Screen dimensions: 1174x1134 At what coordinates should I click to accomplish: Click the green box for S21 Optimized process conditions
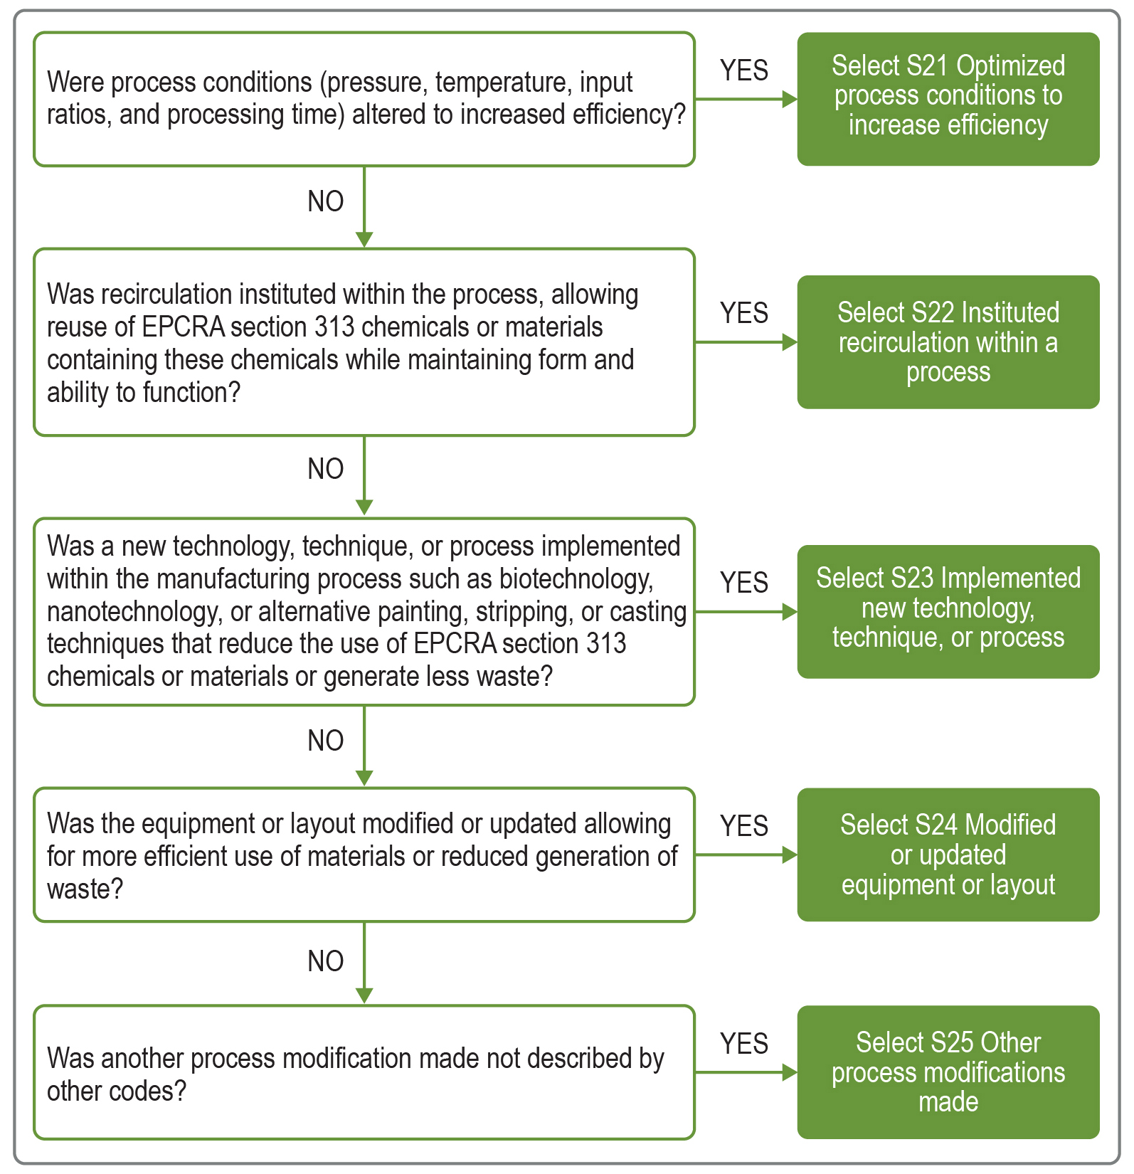[x=948, y=99]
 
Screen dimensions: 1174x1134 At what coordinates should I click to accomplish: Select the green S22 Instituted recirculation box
[x=948, y=342]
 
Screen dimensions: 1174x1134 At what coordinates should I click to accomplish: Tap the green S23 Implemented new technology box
[x=948, y=611]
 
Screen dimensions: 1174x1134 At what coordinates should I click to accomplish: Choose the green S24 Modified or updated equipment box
[x=948, y=855]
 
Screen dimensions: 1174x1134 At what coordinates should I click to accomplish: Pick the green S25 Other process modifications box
[x=948, y=1072]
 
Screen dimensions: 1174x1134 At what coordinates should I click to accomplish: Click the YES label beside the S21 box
[x=744, y=70]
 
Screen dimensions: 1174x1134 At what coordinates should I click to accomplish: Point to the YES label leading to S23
[x=744, y=583]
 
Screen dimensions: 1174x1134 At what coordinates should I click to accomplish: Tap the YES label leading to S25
[x=744, y=1044]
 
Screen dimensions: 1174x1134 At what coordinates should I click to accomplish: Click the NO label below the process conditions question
[x=326, y=201]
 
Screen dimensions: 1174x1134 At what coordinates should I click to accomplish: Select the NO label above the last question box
[x=326, y=961]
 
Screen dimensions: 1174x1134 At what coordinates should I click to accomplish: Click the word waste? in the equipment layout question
[x=85, y=889]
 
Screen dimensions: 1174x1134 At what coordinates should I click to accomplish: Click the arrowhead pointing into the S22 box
[x=789, y=342]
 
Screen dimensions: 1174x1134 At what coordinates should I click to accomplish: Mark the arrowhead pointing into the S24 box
[x=789, y=855]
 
